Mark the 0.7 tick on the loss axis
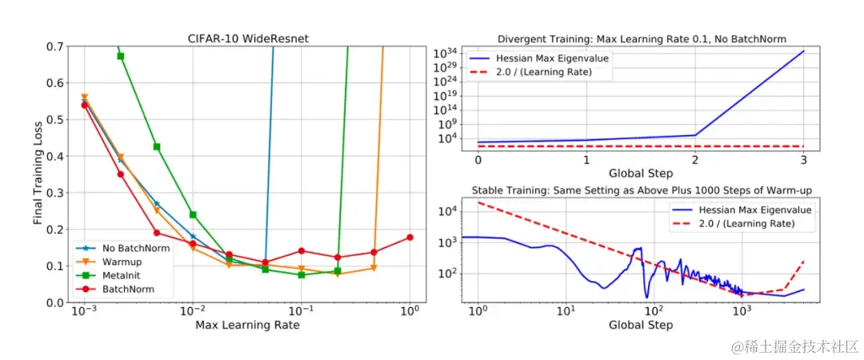tap(56, 46)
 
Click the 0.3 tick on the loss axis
tap(56, 193)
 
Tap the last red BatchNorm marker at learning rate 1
tap(410, 238)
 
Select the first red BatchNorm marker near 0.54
tap(85, 105)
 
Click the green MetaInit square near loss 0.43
tap(157, 147)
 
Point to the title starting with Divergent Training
tap(642, 38)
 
